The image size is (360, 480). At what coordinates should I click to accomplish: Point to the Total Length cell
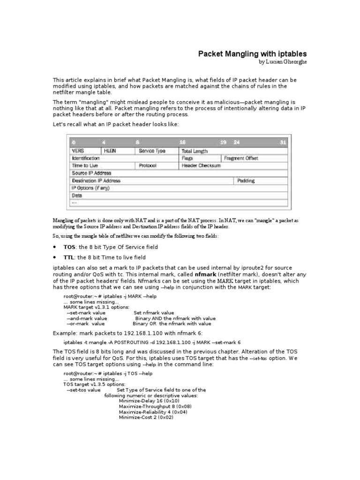coord(195,151)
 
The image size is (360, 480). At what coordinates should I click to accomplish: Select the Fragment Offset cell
coord(241,158)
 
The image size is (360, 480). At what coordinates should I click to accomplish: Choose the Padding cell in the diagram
coord(246,180)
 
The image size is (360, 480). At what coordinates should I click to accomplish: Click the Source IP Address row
coord(91,173)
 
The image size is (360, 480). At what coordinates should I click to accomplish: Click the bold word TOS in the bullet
coord(69,247)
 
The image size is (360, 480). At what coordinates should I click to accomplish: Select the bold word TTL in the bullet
coord(69,257)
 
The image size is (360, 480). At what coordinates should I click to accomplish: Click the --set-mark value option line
coord(86,313)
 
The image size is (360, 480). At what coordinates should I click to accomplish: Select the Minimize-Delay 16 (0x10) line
coord(149,401)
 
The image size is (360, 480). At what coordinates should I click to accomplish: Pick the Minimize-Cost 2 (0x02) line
coord(146,417)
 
